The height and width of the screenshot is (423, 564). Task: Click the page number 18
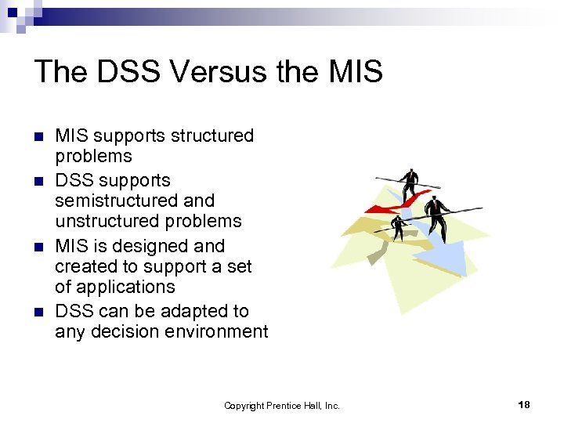click(x=524, y=404)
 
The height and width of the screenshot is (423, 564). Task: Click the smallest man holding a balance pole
click(x=399, y=226)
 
